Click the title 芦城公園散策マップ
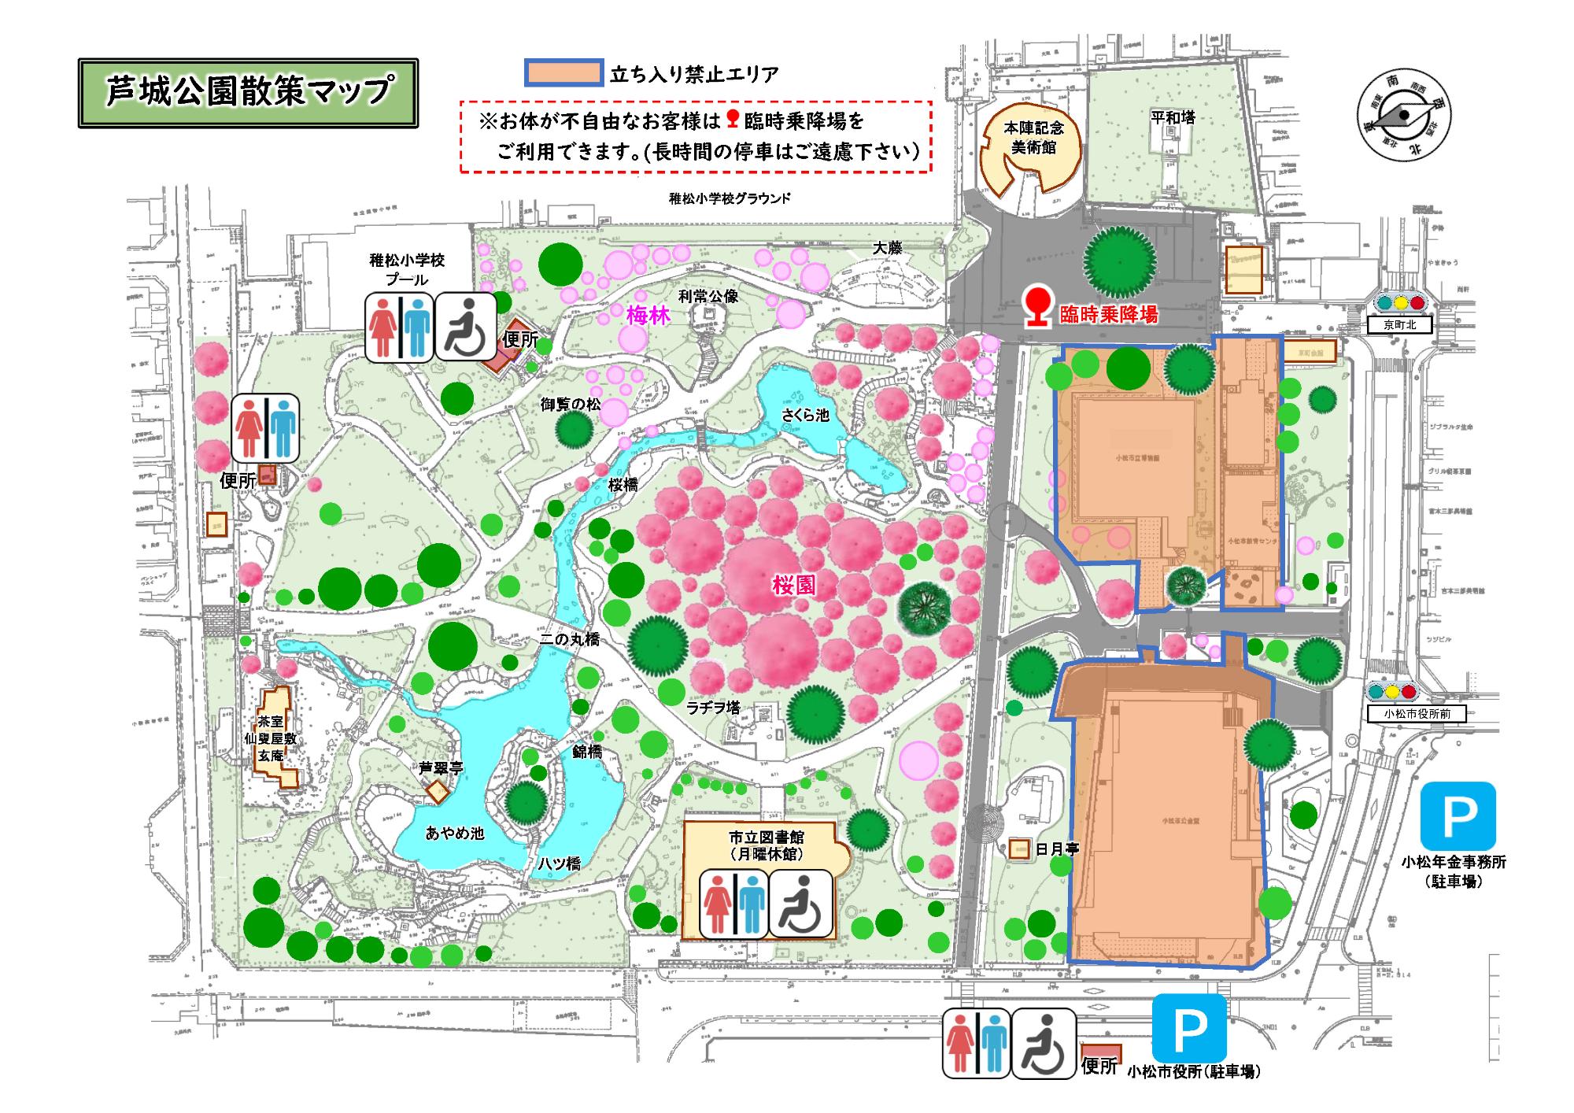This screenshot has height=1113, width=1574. coord(248,92)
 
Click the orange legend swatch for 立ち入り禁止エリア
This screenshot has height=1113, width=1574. coord(563,73)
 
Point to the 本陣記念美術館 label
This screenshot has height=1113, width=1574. coord(1033,138)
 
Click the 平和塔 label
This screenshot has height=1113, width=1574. coord(1173,118)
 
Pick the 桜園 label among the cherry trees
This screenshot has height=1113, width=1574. coord(793,584)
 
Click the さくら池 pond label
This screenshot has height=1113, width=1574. coord(805,415)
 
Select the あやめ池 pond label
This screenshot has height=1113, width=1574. coord(456,834)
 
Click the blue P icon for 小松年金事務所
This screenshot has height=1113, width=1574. coord(1458,819)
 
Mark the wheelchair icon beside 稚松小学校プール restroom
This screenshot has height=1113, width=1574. coord(465,327)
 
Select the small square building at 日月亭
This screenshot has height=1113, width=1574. coord(1020,849)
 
